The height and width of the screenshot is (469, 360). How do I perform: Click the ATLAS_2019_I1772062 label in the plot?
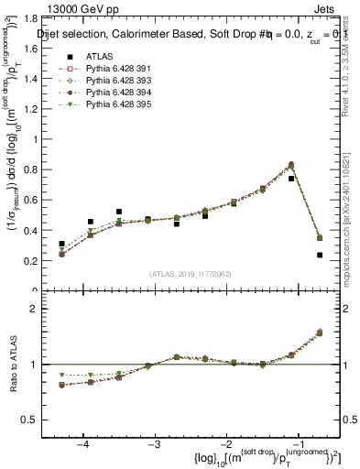coord(190,274)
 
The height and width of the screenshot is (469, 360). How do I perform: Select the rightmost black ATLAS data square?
coord(319,256)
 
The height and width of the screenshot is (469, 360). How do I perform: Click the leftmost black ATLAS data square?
coord(61,244)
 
